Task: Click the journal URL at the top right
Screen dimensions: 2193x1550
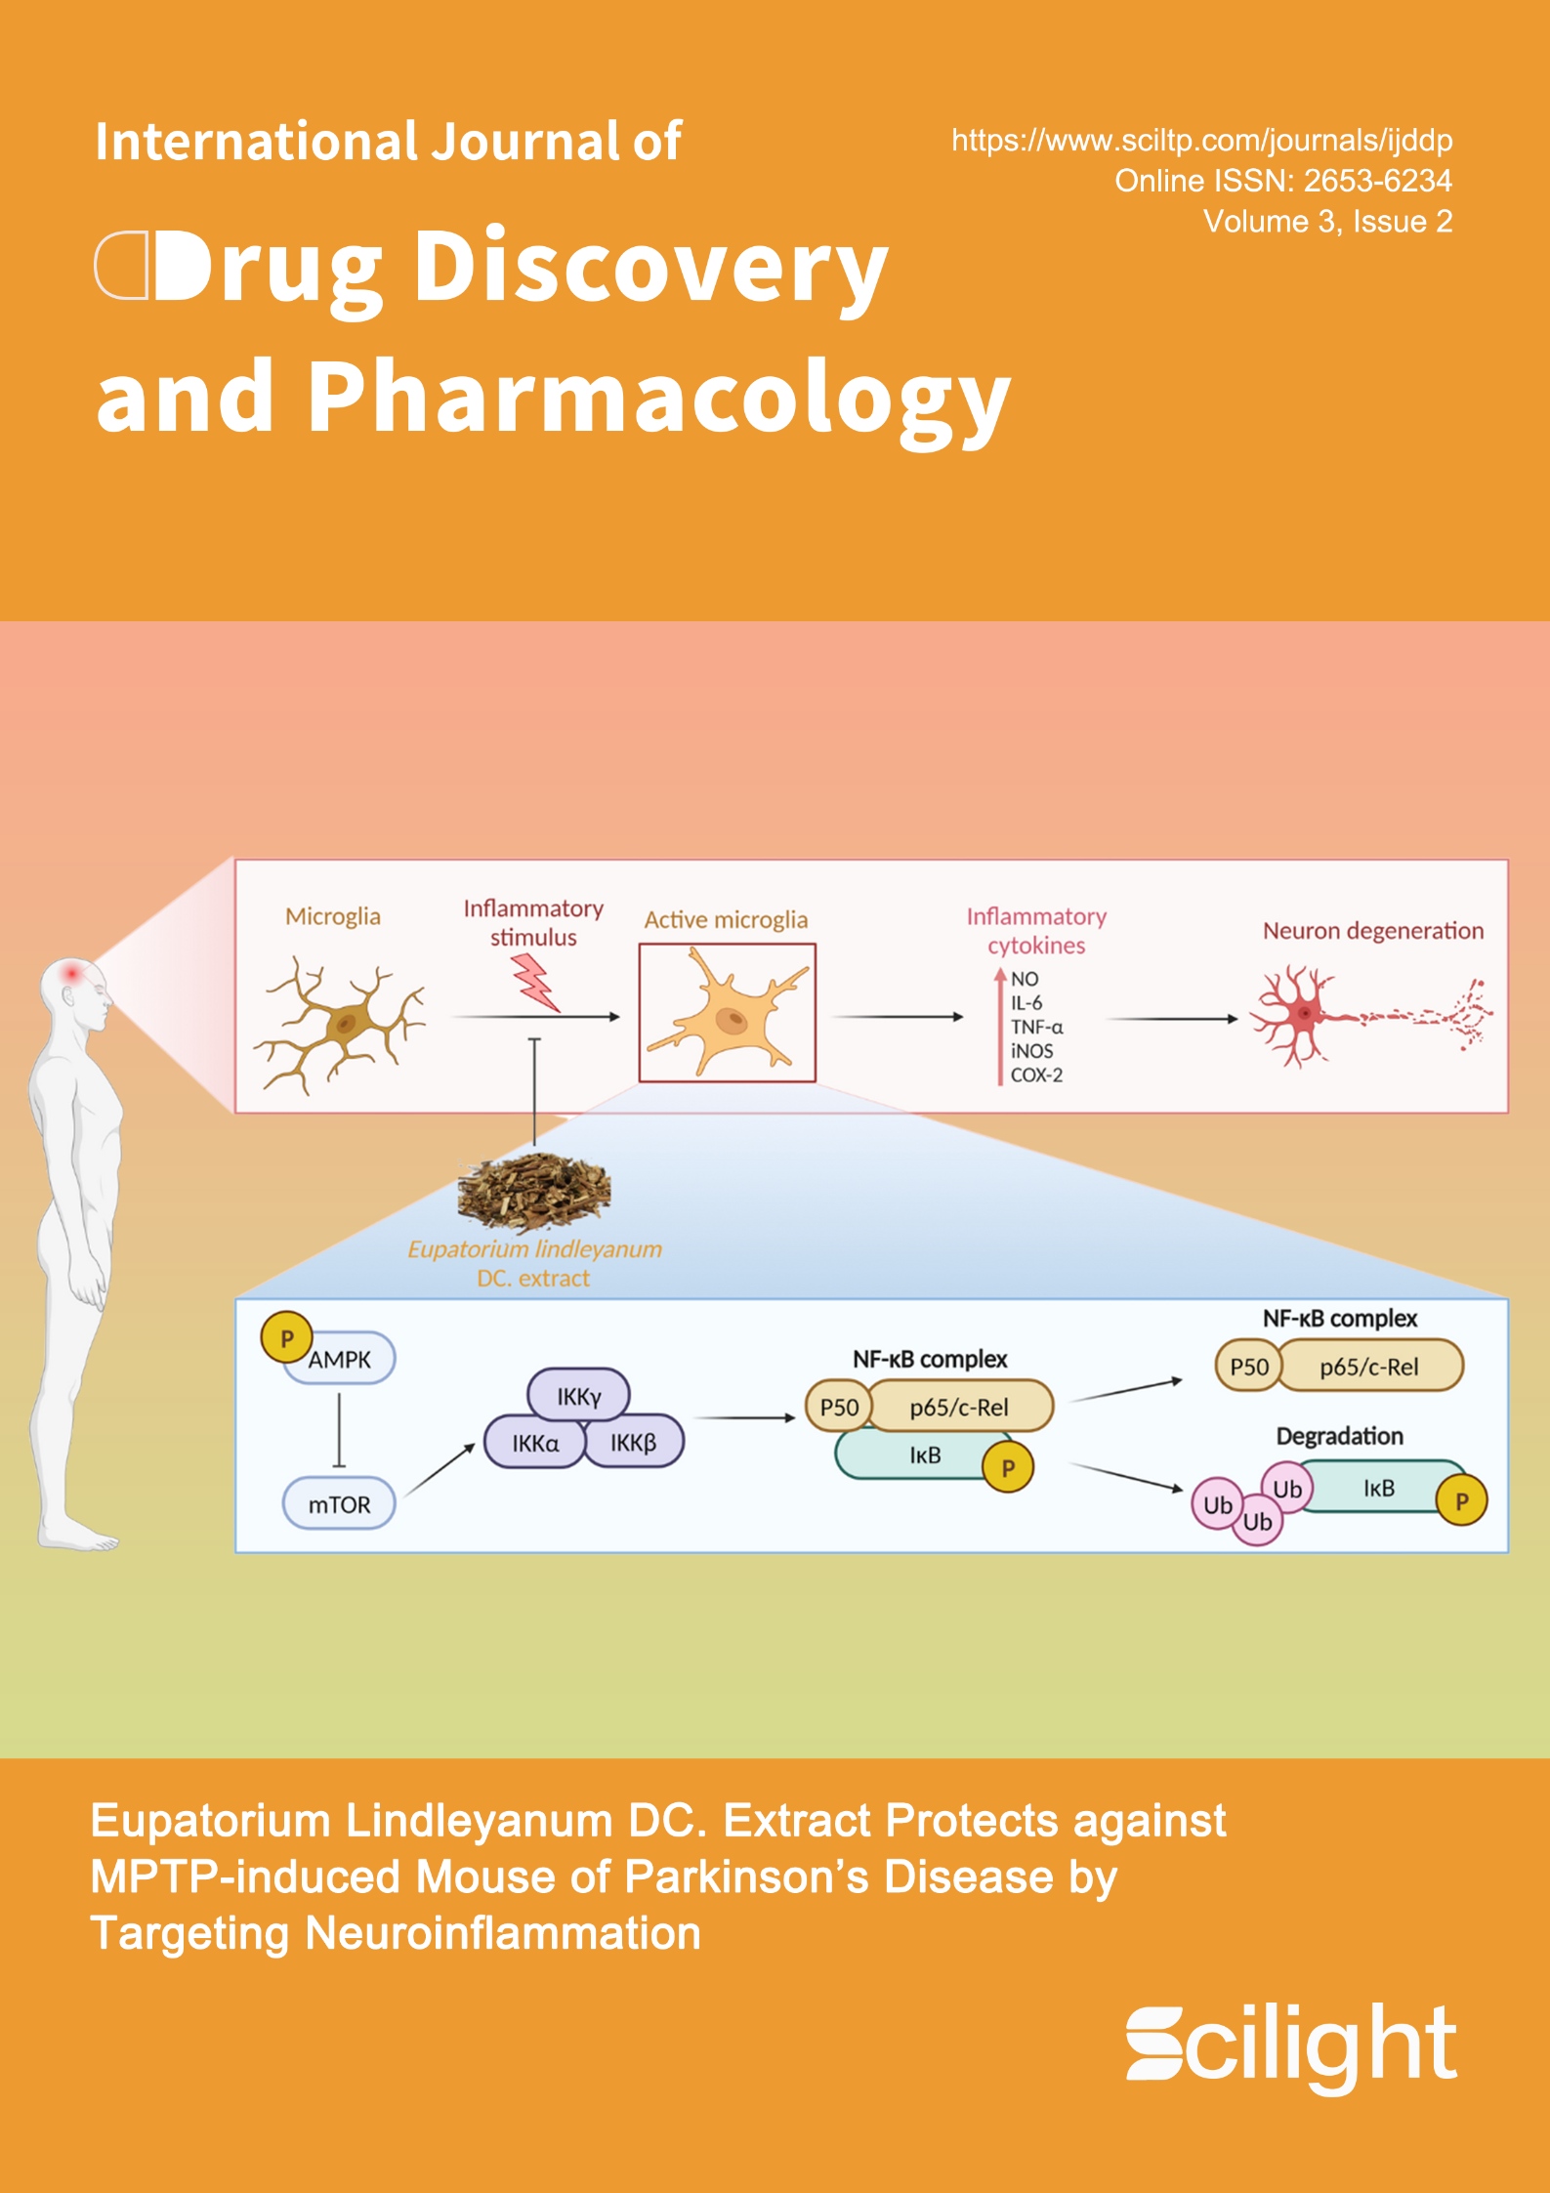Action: click(1201, 141)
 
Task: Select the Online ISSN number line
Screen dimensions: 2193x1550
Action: click(1282, 181)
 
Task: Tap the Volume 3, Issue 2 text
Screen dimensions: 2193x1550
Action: click(1327, 222)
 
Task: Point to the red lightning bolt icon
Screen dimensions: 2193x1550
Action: click(535, 981)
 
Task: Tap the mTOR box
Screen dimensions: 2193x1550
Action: click(339, 1504)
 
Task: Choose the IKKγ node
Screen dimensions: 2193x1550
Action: click(578, 1397)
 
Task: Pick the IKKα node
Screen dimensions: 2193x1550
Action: click(535, 1443)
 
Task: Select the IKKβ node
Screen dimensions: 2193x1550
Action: click(634, 1443)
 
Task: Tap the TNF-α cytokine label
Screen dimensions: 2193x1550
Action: click(1036, 1027)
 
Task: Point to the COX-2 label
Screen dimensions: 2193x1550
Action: click(1036, 1075)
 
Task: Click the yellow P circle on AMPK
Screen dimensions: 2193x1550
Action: click(286, 1338)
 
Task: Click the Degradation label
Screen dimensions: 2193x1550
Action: click(1339, 1436)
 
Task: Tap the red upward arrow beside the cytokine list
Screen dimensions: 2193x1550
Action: click(999, 1026)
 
